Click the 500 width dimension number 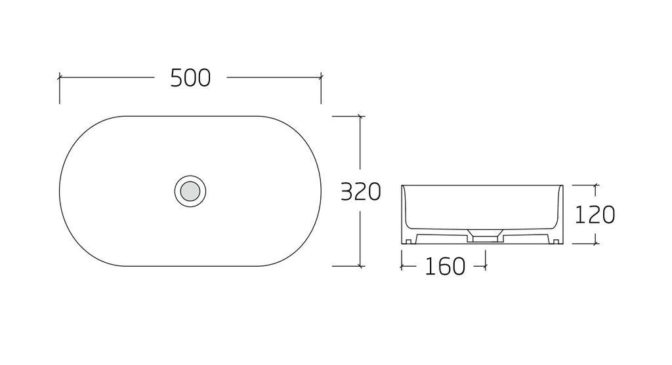(x=190, y=78)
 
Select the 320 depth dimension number (x=360, y=192)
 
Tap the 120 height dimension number (x=595, y=215)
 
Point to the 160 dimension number (x=444, y=266)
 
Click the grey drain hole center (x=190, y=191)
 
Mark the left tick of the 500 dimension (x=60, y=77)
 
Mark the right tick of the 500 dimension (x=321, y=77)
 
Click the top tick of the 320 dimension (x=360, y=116)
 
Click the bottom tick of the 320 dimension (x=360, y=266)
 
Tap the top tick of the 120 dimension (x=595, y=185)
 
